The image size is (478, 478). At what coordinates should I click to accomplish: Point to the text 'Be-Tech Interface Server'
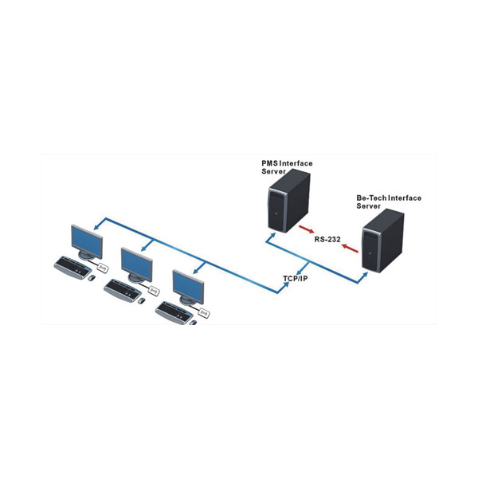(389, 201)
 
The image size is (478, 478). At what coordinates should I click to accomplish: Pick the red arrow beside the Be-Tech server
(350, 248)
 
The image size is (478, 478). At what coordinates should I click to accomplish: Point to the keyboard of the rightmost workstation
(174, 311)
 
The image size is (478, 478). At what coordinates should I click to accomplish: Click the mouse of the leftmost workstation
(91, 277)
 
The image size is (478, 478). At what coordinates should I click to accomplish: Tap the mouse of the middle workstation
(141, 300)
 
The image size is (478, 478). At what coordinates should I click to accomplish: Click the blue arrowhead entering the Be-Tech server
(365, 273)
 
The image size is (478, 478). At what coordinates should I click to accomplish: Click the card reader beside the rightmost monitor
(204, 314)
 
